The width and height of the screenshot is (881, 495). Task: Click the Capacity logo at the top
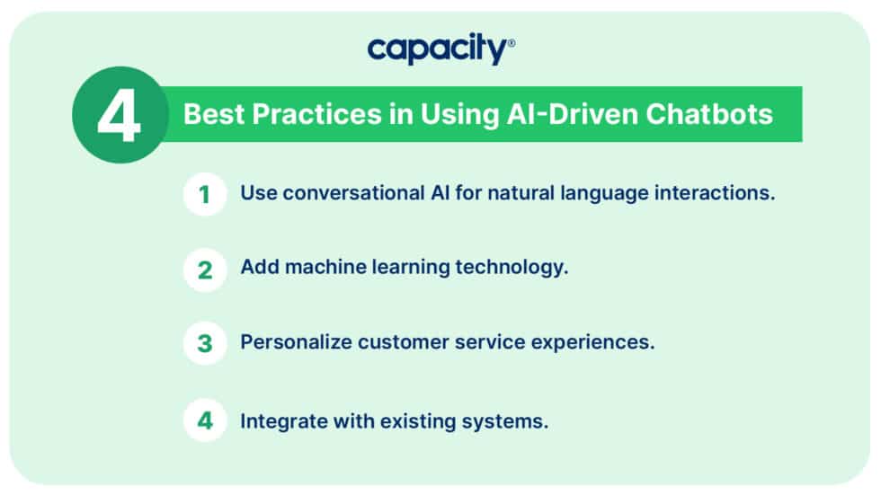pyautogui.click(x=440, y=49)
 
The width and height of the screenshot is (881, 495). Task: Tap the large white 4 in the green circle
pyautogui.click(x=120, y=115)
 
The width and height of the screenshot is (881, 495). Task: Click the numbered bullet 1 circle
pyautogui.click(x=205, y=194)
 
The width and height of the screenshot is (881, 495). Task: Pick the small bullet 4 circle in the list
pyautogui.click(x=205, y=420)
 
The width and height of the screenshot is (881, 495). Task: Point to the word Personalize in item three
pyautogui.click(x=294, y=343)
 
